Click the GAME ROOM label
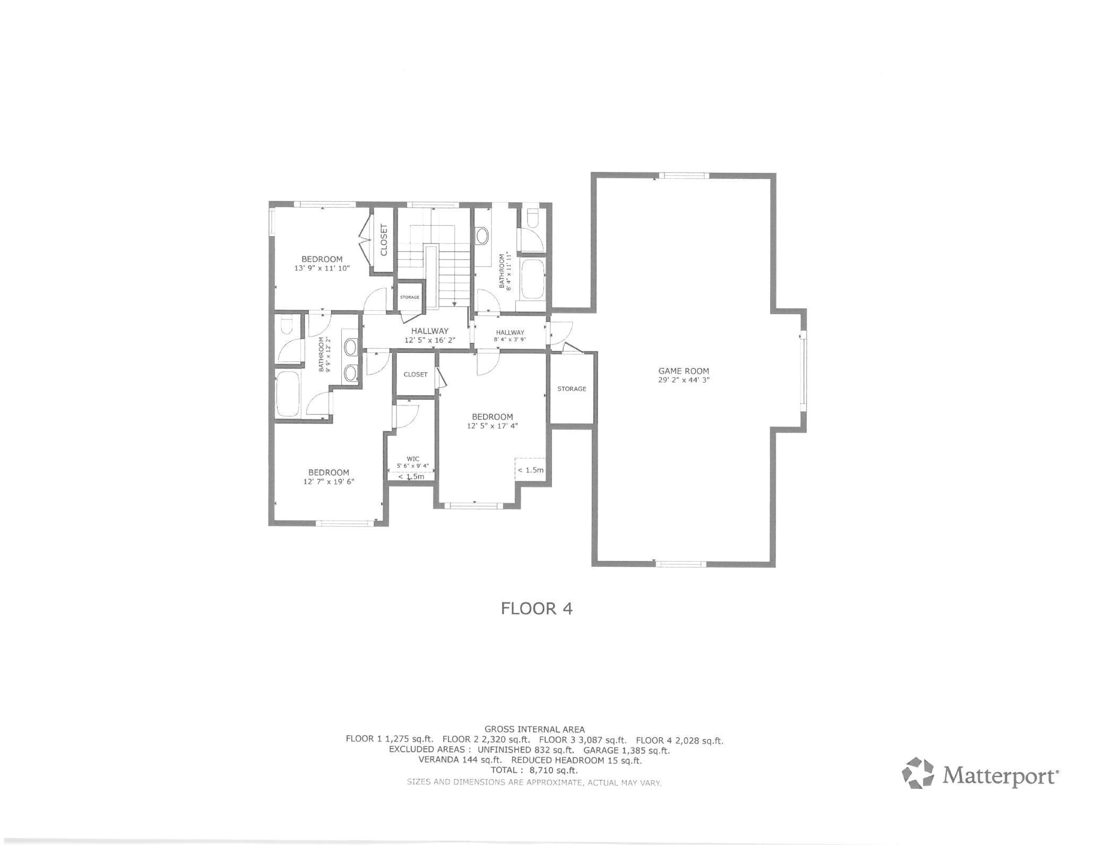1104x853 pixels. point(683,371)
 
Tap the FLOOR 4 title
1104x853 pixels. point(537,608)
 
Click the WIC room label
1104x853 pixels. point(413,459)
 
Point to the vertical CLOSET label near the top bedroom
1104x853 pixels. point(384,240)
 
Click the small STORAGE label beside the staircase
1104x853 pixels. point(410,297)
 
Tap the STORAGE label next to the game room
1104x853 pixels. point(572,389)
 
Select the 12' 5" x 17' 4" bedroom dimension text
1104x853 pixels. point(492,426)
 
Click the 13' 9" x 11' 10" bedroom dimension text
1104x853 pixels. point(322,269)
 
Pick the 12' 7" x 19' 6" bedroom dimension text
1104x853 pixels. point(329,482)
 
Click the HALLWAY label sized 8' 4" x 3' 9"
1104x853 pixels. point(510,332)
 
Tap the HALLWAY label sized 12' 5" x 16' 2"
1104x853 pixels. point(430,331)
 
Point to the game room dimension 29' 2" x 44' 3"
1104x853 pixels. point(683,380)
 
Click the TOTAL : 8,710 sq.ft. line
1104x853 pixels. point(534,770)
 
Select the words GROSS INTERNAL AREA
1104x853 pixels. point(534,730)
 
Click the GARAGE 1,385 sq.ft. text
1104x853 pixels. point(626,751)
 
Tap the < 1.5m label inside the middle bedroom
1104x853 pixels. point(530,470)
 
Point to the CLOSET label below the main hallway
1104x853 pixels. point(416,374)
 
